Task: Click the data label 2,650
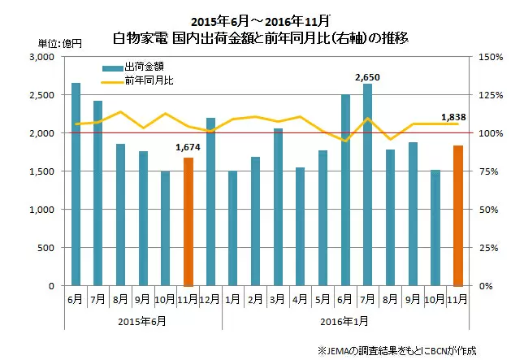click(367, 77)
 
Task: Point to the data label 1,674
click(188, 147)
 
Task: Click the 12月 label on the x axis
click(210, 298)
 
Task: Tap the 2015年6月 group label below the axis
click(144, 320)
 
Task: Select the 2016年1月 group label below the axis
click(344, 320)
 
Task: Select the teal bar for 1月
click(233, 228)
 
